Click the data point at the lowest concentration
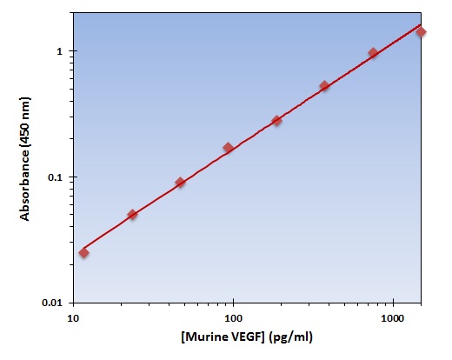tap(83, 252)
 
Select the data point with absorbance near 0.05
tap(132, 214)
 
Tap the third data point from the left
tap(180, 183)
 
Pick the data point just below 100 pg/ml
tap(229, 148)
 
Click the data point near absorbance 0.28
tap(276, 121)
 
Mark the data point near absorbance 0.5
tap(324, 86)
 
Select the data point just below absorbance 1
tap(373, 53)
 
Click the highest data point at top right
tap(421, 31)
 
